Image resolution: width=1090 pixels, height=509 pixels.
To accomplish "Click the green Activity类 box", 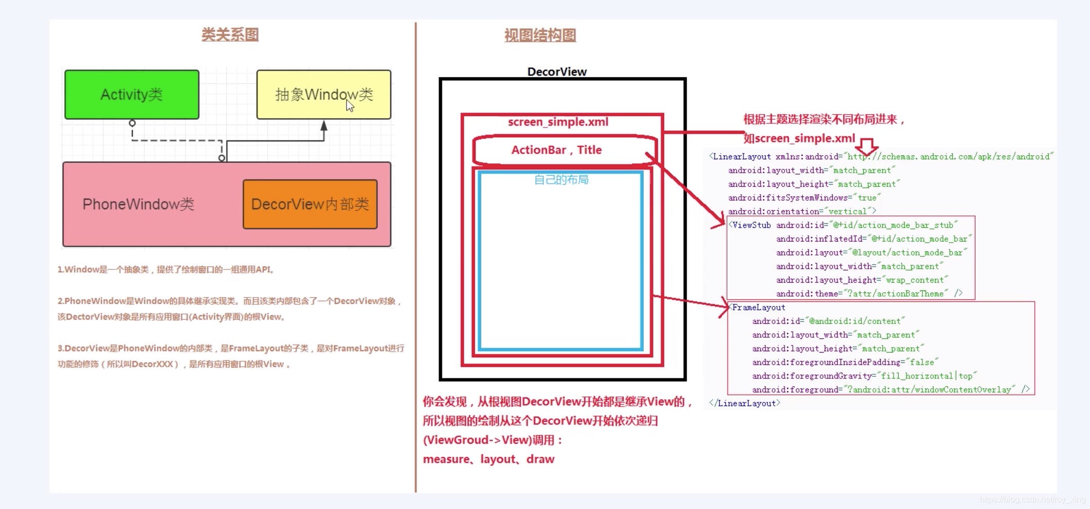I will tap(132, 95).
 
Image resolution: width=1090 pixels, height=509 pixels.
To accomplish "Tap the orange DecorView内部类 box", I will tap(310, 204).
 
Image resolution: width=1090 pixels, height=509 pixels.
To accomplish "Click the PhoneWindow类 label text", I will tap(138, 204).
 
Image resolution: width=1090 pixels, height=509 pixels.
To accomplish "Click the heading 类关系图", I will tap(230, 35).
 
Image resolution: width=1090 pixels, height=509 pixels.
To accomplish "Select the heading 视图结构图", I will tap(540, 35).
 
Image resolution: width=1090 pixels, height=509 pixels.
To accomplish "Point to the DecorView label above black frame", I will tap(557, 71).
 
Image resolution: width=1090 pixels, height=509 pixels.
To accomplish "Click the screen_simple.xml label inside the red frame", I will tap(558, 122).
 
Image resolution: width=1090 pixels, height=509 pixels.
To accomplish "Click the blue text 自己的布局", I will tap(561, 179).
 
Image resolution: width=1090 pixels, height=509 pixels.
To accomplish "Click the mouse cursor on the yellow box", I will tap(350, 106).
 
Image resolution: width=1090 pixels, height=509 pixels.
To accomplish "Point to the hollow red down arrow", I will tap(867, 147).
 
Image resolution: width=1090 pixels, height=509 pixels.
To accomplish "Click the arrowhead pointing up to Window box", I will tap(324, 125).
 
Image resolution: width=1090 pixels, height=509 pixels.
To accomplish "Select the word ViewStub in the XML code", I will tap(751, 225).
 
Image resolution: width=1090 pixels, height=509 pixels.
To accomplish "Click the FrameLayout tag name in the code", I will tap(758, 307).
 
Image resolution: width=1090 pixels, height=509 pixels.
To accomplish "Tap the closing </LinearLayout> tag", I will tap(744, 404).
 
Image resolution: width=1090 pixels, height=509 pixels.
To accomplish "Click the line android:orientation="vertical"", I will tap(801, 211).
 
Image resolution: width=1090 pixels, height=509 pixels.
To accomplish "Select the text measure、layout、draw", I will tap(488, 459).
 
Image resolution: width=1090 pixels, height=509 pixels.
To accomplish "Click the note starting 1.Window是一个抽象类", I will tap(166, 269).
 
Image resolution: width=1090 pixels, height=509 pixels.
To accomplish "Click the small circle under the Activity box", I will tap(132, 123).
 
